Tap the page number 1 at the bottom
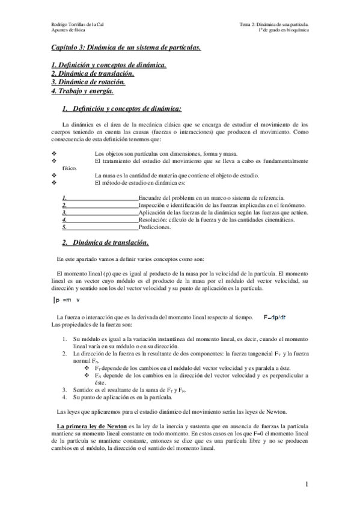(x=306, y=484)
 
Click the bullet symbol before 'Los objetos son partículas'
(x=54, y=153)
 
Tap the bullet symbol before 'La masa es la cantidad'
(x=54, y=175)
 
